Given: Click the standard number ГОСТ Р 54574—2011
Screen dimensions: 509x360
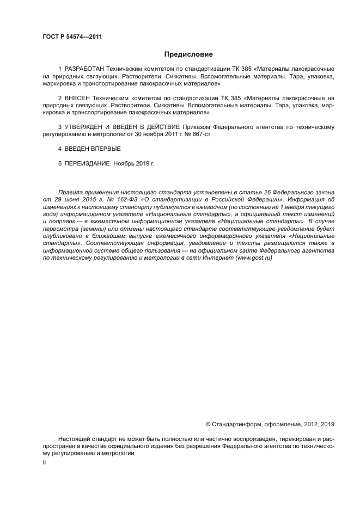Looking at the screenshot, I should [x=72, y=36].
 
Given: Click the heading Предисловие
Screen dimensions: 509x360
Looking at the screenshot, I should [x=188, y=54].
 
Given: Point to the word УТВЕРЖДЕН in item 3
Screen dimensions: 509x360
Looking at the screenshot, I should [x=84, y=126].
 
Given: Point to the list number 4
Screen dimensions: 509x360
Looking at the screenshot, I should [x=59, y=148].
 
